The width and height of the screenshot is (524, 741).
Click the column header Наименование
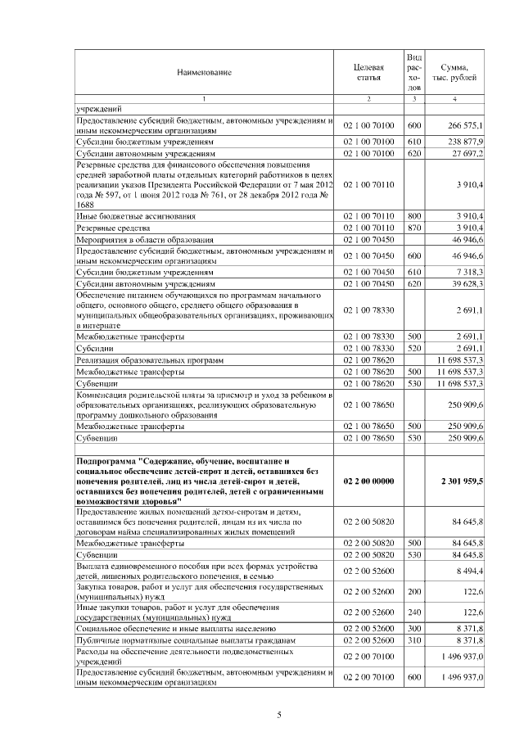point(204,73)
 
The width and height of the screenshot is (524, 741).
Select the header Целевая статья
point(368,73)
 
